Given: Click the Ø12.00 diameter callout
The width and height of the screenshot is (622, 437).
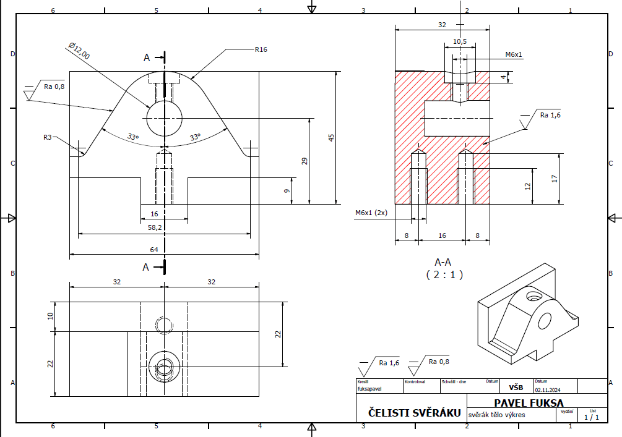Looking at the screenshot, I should click(x=79, y=51).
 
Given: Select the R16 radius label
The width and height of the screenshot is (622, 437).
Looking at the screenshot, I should click(x=261, y=49).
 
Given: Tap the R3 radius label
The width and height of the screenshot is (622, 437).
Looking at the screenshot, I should click(x=48, y=137).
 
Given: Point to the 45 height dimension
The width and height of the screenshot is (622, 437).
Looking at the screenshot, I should click(x=331, y=137).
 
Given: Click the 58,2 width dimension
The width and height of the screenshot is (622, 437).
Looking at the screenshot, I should click(x=155, y=228).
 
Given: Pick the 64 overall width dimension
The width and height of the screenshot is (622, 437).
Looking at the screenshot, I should click(x=155, y=249).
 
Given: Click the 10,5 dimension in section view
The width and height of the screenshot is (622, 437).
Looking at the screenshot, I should click(x=459, y=41).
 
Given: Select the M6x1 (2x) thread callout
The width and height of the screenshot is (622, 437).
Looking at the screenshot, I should click(x=371, y=213).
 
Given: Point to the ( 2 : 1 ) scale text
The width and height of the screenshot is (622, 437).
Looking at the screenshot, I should click(x=444, y=274).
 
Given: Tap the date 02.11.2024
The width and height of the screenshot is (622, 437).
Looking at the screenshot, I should click(x=548, y=389).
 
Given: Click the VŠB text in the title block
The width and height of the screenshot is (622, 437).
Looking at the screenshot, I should click(x=516, y=388).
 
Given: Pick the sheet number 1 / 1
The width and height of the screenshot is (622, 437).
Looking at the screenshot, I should click(x=591, y=417).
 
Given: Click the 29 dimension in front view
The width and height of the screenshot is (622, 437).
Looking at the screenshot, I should click(x=305, y=161).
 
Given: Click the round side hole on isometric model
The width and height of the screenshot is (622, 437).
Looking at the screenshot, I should click(x=545, y=321).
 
